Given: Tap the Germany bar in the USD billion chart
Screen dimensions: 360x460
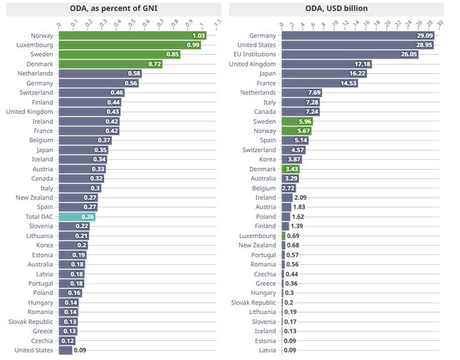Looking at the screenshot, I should click(x=358, y=36).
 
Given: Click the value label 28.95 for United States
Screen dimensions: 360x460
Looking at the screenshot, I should click(x=423, y=45).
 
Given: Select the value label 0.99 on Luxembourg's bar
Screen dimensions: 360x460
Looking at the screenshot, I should click(x=193, y=45).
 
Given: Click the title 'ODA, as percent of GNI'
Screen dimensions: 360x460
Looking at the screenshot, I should click(x=114, y=8).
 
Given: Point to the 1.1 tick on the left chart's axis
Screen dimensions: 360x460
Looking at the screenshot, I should click(x=218, y=24).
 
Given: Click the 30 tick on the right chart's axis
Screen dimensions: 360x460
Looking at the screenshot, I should click(x=440, y=24).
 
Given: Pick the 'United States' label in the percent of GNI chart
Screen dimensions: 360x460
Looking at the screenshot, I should click(x=34, y=350).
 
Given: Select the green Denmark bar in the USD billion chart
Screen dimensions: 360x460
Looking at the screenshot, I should click(x=291, y=169).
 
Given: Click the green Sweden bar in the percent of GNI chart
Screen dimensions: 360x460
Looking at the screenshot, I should click(x=119, y=55).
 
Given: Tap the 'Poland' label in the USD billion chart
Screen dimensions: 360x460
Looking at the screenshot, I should click(x=266, y=216).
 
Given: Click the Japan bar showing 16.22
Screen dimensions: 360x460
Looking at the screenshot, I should click(x=324, y=74).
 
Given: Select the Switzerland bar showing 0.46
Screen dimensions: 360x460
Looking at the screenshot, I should click(x=91, y=93).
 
